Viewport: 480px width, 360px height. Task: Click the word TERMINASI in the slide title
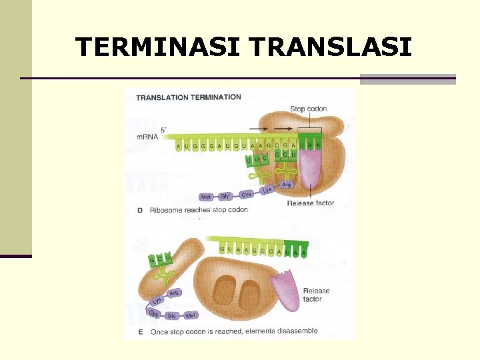[x=157, y=47]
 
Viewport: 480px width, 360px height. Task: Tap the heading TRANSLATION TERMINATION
[x=189, y=97]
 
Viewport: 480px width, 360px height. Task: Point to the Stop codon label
[x=307, y=109]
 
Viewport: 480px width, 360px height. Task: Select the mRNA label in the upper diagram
[x=147, y=137]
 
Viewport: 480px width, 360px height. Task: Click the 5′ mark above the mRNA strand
[x=163, y=129]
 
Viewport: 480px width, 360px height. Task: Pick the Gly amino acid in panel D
[x=225, y=196]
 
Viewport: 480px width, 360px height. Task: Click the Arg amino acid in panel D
[x=286, y=185]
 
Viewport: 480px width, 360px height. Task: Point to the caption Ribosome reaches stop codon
[x=199, y=209]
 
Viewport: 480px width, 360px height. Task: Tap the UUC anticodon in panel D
[x=257, y=160]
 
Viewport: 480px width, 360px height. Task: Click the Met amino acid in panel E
[x=191, y=315]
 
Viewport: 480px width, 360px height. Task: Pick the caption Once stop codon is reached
[x=233, y=331]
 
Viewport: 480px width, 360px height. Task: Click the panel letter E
[x=140, y=331]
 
